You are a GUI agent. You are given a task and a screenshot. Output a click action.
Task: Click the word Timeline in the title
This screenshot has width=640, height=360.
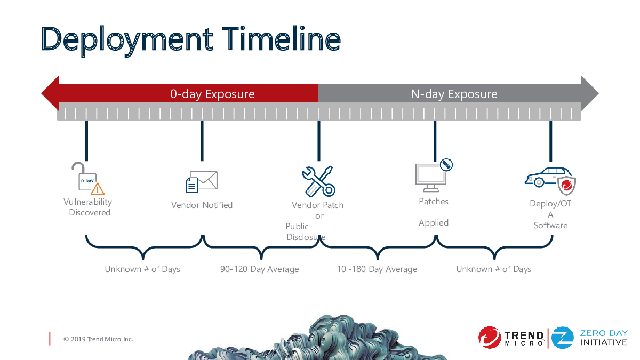tap(281, 38)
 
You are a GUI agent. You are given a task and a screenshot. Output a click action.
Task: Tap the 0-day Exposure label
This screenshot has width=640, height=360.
tap(212, 94)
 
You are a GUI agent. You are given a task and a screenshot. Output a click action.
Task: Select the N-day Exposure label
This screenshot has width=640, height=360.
tap(454, 94)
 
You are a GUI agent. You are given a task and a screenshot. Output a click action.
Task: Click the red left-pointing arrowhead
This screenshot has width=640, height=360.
tap(51, 93)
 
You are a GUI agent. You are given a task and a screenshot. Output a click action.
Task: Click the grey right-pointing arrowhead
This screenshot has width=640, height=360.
tap(590, 93)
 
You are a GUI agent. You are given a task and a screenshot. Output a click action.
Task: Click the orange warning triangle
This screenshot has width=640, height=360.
tap(98, 189)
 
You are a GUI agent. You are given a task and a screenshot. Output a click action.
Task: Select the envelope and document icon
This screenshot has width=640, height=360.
tap(202, 182)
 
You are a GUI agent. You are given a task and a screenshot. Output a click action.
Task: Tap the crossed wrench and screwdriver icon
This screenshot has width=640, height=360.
tap(318, 181)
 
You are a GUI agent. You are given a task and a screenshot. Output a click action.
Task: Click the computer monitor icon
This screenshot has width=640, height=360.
tap(431, 178)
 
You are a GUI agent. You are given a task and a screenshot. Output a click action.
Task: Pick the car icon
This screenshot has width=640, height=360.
tap(548, 177)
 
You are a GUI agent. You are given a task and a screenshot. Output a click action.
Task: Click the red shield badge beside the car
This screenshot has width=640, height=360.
tap(566, 186)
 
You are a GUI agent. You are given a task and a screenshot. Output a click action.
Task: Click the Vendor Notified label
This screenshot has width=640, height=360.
tap(202, 205)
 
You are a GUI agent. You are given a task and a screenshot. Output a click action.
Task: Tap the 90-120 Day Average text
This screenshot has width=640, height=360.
tap(259, 269)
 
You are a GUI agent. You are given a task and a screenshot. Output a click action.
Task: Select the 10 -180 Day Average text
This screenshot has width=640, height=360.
tap(377, 269)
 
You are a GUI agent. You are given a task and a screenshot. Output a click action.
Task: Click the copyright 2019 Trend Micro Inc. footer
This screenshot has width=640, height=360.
tap(98, 339)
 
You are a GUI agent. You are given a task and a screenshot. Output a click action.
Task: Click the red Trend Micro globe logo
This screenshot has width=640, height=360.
tap(490, 338)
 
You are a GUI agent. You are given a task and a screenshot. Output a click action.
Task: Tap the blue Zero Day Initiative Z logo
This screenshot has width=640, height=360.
tap(562, 338)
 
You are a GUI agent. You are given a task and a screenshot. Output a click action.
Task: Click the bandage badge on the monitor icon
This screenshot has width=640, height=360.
tap(446, 165)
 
